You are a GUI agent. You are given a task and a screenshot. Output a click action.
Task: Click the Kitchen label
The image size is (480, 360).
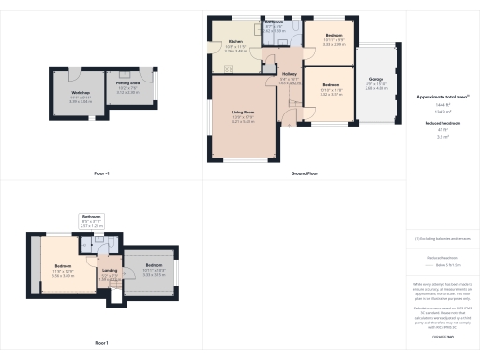click(x=235, y=42)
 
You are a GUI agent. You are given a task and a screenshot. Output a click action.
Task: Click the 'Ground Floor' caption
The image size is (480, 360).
click(x=306, y=172)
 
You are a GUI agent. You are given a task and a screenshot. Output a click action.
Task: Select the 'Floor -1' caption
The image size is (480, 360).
click(x=102, y=172)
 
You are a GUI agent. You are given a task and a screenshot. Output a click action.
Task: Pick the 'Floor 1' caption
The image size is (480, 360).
click(x=102, y=342)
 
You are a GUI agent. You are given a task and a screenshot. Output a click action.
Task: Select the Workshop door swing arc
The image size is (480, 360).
click(x=75, y=74)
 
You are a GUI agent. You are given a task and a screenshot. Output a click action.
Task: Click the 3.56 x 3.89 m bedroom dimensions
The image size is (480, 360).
click(x=62, y=275)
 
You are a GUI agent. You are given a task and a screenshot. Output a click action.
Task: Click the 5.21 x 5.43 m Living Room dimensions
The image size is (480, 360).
click(x=243, y=121)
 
